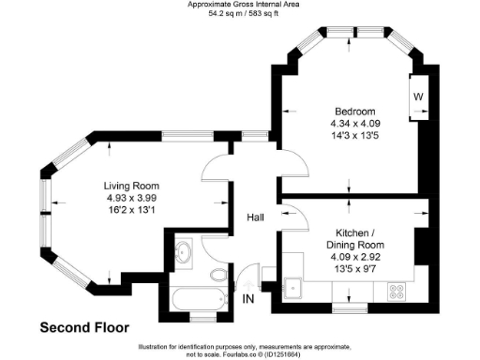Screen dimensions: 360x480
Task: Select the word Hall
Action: [x=254, y=217]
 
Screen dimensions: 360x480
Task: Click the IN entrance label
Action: [x=248, y=299]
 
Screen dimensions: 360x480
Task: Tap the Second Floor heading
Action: [x=85, y=328]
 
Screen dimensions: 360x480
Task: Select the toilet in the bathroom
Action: [x=218, y=275]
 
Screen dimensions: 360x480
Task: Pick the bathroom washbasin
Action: [x=183, y=253]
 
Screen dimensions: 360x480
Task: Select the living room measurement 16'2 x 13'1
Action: [x=130, y=210]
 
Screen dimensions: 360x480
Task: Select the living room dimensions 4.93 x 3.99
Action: [x=130, y=198]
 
